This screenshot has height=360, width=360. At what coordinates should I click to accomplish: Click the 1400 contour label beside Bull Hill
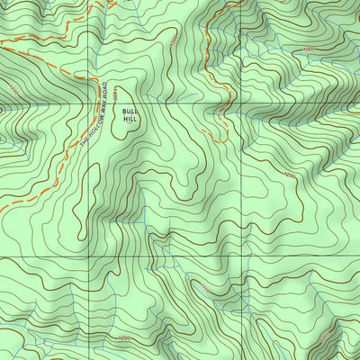pos(128,95)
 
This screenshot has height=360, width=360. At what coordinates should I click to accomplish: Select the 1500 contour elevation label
pos(173,42)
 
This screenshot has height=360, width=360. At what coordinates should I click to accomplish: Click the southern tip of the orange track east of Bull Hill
pos(220,141)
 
